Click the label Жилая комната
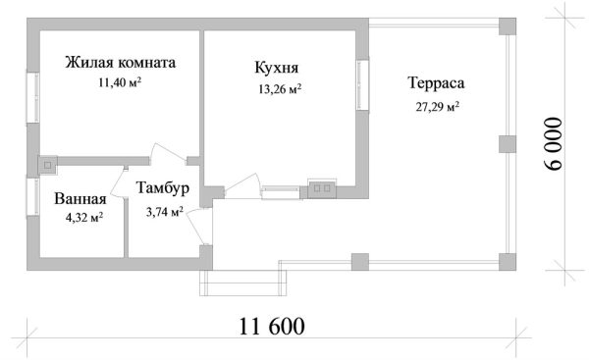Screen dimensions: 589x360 coord(120,63)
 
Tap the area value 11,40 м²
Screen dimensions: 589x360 coord(120,81)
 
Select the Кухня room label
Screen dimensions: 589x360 coord(277,68)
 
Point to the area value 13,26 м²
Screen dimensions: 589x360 coord(280,89)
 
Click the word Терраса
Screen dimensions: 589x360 coord(436,83)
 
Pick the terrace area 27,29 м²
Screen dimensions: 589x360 coord(438,107)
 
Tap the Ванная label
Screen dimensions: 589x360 coord(80,199)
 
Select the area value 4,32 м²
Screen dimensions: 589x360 coord(84,218)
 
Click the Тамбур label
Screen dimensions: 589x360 coord(163,188)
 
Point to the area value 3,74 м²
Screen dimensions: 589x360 coord(165,213)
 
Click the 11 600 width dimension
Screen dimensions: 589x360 coord(272,327)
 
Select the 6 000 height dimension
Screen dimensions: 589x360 coord(554,144)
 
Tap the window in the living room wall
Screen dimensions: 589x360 coord(32,97)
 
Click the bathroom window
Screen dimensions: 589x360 coord(32,196)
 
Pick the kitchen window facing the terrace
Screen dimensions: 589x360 coord(362,84)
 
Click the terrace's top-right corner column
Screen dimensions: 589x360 coord(508,26)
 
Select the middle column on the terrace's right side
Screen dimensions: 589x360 coord(508,144)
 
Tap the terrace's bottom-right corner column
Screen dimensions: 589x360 coord(508,262)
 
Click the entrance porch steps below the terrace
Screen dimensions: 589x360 coord(243,283)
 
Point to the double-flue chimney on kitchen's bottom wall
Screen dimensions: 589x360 coord(322,188)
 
